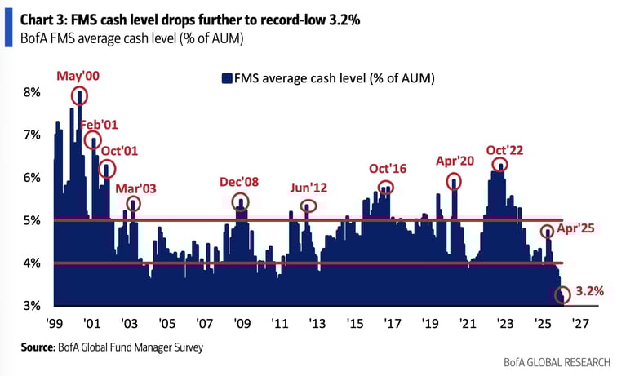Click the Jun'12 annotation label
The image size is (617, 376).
click(308, 188)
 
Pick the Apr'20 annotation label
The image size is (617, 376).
click(455, 161)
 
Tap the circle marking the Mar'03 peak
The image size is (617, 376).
click(134, 204)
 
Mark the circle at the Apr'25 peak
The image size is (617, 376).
click(546, 232)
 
